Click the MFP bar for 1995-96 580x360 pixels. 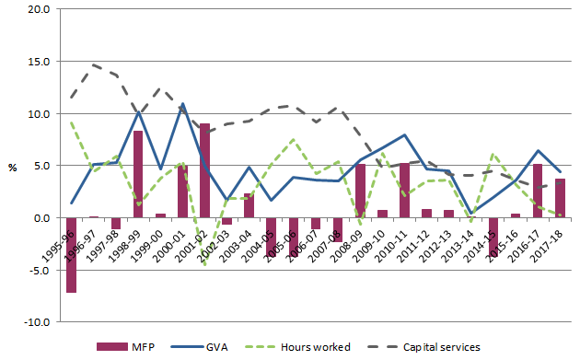(x=71, y=255)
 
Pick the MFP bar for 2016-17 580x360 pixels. (x=538, y=191)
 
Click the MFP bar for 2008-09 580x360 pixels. (x=360, y=192)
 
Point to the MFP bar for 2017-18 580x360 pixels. (x=560, y=198)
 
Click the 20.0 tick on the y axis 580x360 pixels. (x=41, y=9)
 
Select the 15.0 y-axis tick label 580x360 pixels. (x=41, y=62)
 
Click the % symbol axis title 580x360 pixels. (x=12, y=168)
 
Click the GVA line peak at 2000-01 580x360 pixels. (x=182, y=103)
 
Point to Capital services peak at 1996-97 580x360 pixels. (x=93, y=64)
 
